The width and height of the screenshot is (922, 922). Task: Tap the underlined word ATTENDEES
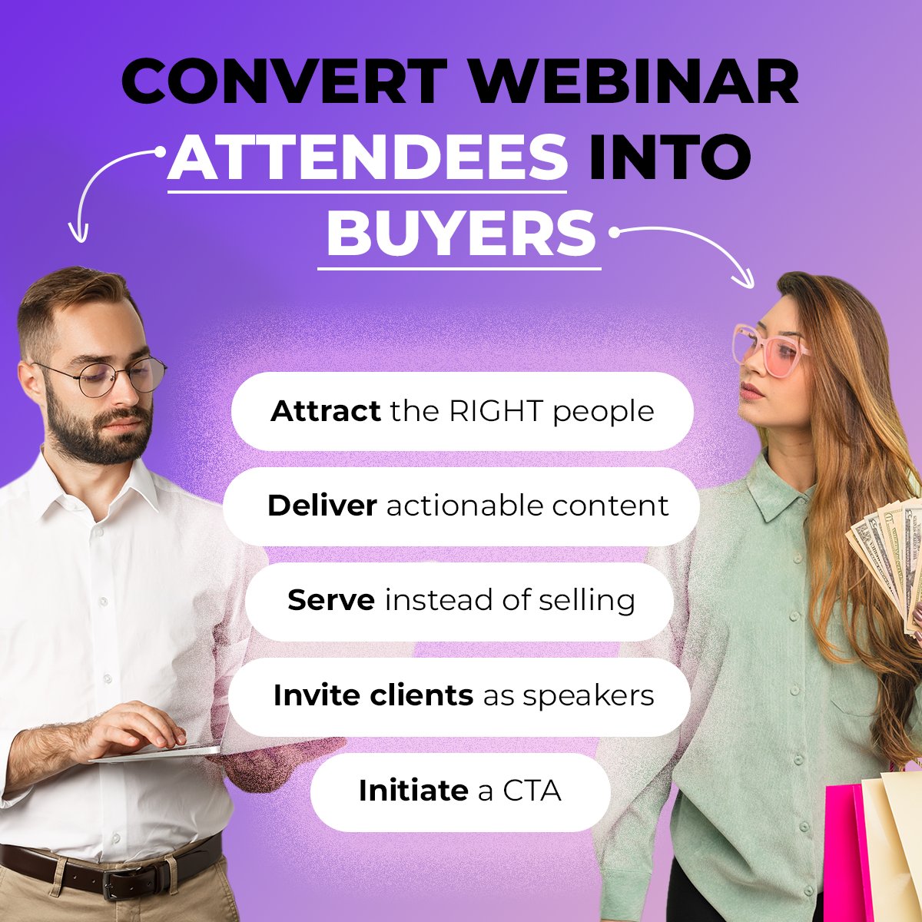367,157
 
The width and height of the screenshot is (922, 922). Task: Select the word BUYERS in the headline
460,234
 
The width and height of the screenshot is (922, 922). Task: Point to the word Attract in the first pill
325,411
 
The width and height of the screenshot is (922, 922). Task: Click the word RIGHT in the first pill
496,411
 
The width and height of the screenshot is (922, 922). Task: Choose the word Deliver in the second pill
322,506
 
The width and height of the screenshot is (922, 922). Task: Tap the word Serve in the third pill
331,600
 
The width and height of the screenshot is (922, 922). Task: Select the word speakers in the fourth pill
589,695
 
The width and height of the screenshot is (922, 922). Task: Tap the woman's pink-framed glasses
768,350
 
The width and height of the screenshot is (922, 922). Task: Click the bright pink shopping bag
845,853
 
